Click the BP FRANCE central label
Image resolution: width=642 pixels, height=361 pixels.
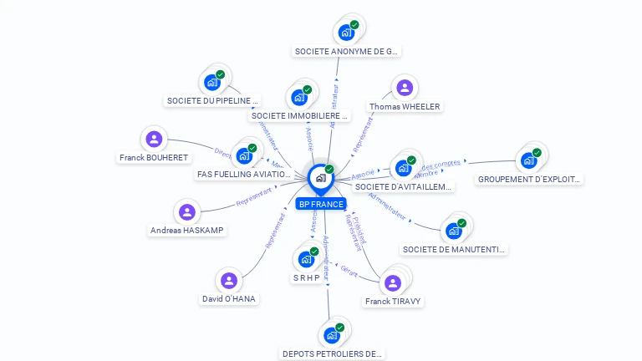coord(320,204)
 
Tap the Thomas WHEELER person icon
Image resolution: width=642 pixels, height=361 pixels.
coord(405,88)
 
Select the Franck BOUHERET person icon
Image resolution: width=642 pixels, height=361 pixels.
coord(154,140)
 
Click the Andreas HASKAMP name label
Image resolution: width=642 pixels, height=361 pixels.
coord(187,230)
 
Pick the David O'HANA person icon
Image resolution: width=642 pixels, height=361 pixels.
coord(229,281)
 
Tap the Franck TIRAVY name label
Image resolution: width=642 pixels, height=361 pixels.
coord(393,301)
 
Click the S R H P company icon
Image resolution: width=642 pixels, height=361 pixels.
coord(305,259)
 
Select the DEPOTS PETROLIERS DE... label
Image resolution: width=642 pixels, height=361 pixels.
coord(332,353)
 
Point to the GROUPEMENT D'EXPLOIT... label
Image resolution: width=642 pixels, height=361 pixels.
coord(528,179)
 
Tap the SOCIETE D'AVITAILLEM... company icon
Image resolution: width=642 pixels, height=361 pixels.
coord(404,168)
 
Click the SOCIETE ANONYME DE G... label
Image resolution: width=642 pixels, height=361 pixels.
coord(347,51)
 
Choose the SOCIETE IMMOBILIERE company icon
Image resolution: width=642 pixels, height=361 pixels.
coord(299,98)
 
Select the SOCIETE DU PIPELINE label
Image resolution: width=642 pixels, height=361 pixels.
coord(213,100)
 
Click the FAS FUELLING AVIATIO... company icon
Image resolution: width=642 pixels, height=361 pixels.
coord(244,155)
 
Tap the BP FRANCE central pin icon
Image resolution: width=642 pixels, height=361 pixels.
coord(320,177)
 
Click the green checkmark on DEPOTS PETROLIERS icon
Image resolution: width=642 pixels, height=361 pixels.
coord(340,328)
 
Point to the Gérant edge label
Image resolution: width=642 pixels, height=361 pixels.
coord(349,269)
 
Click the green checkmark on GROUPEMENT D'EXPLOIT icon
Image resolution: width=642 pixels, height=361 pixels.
coord(537,153)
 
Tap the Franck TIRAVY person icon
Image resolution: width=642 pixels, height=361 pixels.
coord(392,282)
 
